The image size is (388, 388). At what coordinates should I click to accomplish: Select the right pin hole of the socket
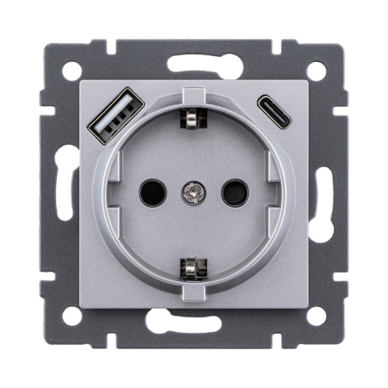pos(233,191)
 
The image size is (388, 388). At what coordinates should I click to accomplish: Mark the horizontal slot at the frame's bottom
pos(194,322)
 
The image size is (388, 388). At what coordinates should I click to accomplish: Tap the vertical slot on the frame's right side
pos(324,191)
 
